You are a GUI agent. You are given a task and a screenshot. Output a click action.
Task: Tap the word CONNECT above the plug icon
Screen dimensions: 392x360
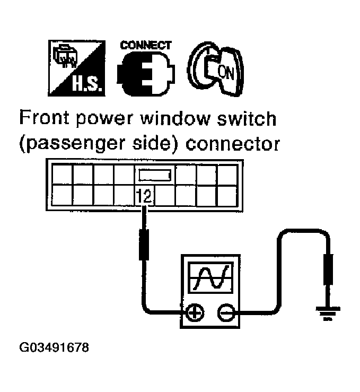(x=146, y=45)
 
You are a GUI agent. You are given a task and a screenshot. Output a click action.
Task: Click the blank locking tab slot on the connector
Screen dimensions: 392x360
(x=154, y=175)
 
